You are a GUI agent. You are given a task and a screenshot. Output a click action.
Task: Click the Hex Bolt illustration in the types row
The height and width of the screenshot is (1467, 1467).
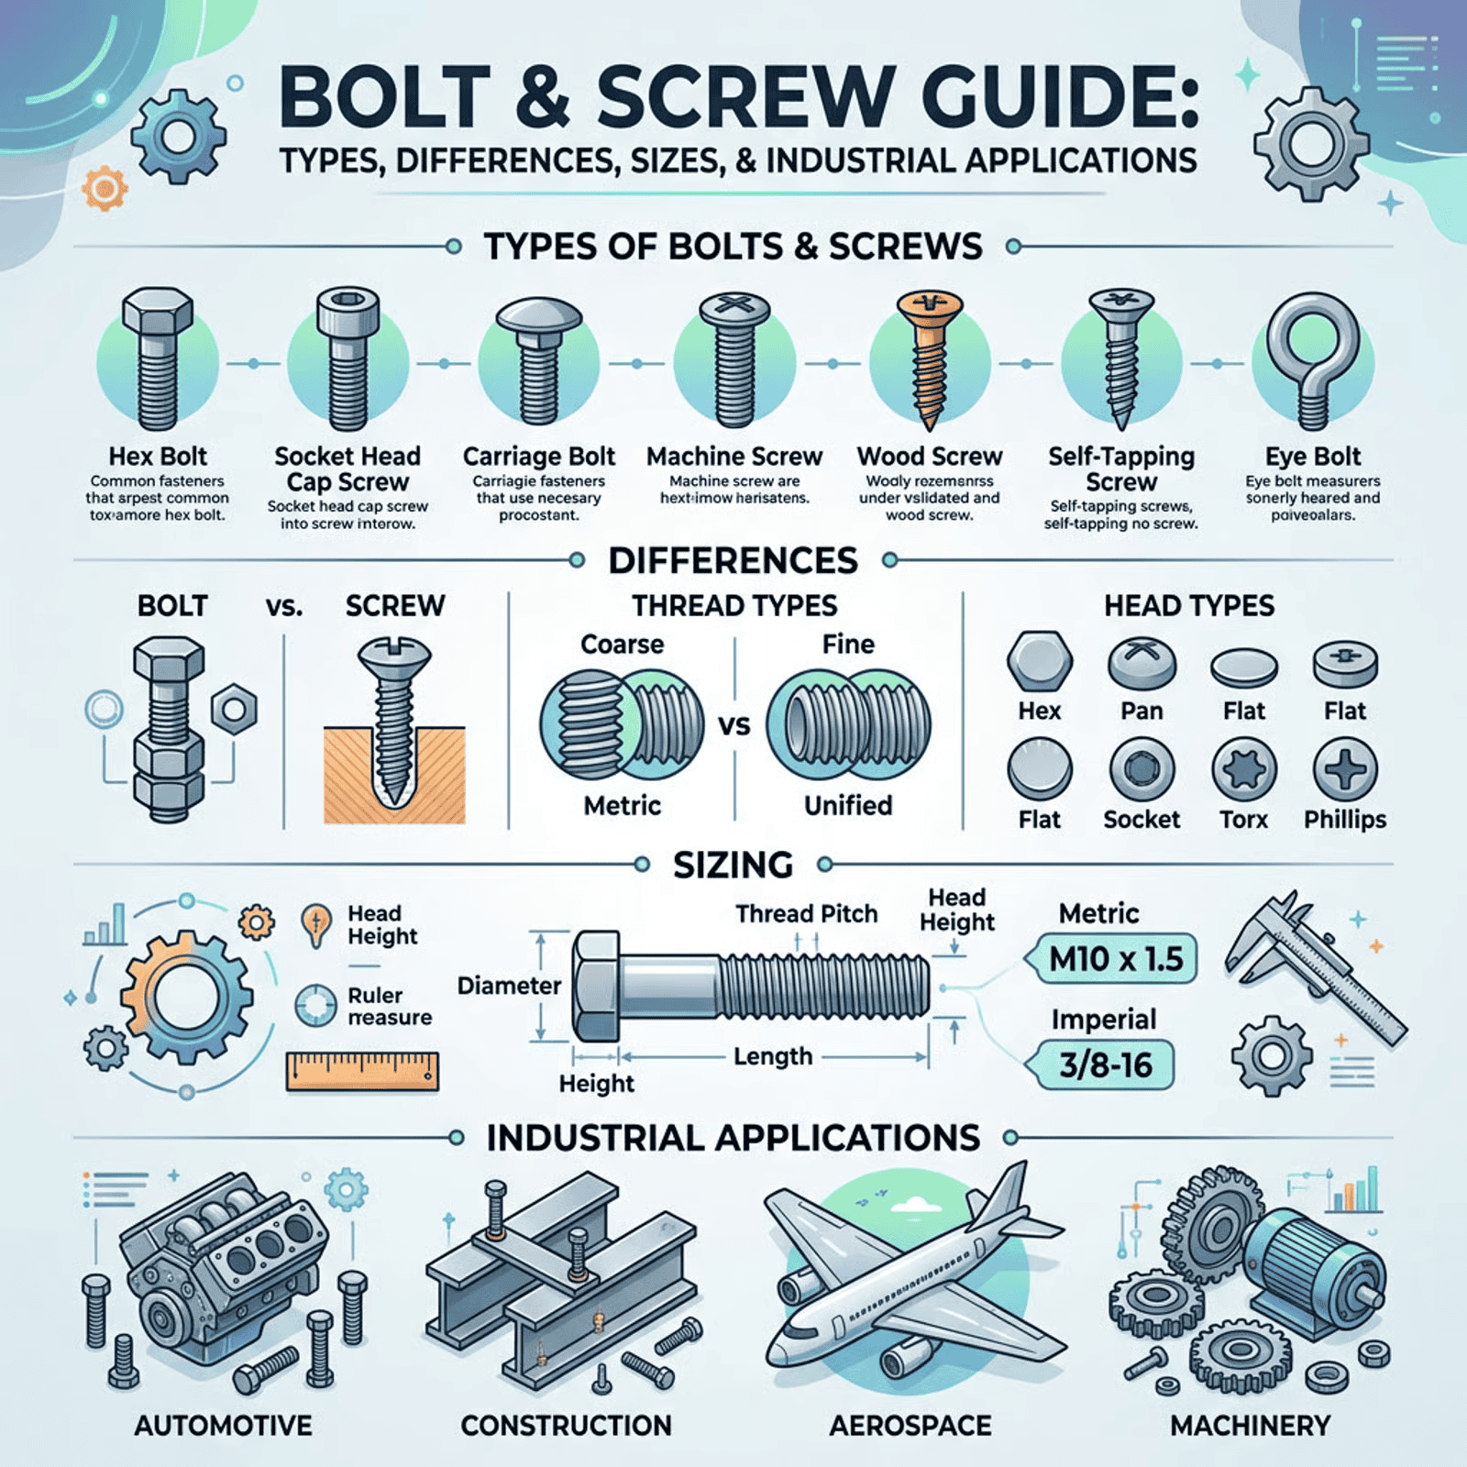158,359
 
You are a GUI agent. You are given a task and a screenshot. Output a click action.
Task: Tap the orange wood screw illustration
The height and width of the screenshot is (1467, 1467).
930,358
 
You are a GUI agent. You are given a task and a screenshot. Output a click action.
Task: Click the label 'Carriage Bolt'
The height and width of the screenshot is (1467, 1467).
538,457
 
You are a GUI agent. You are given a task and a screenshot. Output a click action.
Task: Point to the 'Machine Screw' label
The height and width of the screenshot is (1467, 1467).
734,457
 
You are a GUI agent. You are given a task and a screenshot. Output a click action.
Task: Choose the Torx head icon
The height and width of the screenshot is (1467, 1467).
1243,769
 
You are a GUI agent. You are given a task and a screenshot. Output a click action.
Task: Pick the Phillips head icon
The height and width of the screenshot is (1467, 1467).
1345,769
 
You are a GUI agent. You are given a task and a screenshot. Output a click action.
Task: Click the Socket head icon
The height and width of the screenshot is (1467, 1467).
1142,769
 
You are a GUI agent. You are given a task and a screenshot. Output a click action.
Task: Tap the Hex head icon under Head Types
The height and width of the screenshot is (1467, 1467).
1039,661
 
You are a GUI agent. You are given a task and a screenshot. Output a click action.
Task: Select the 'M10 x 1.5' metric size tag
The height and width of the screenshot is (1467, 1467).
1116,959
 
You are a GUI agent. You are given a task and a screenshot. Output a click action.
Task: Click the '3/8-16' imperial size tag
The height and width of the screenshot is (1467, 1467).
1105,1065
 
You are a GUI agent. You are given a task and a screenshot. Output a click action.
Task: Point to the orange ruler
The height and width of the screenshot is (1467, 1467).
362,1071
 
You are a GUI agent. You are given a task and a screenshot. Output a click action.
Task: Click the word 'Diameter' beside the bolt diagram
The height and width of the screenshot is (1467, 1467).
509,986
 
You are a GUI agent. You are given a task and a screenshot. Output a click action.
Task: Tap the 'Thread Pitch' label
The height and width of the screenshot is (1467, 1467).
806,913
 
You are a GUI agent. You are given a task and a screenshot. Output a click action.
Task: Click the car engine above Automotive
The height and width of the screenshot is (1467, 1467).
220,1274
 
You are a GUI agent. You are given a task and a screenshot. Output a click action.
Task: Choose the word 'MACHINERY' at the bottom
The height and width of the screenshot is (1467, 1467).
1250,1426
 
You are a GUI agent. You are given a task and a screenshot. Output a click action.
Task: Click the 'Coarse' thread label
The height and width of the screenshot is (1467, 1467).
622,645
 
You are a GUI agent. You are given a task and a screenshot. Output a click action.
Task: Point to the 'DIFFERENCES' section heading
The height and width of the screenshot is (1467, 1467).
733,560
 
